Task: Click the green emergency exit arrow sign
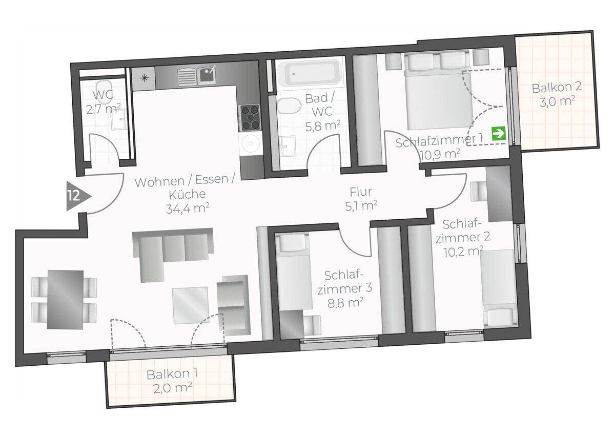point(499,134)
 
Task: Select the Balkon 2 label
point(557,95)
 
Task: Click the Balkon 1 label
point(172,382)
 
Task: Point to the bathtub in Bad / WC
point(309,72)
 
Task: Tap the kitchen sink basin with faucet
point(207,74)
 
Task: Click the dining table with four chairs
point(64,300)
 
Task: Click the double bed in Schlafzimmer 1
point(437,91)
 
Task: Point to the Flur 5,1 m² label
point(361,199)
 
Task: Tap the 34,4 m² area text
point(188,208)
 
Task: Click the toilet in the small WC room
point(103,88)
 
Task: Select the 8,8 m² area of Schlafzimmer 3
point(345,303)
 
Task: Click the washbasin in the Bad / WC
point(287,145)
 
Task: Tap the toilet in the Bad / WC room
point(288,106)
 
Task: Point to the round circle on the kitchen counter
point(250,143)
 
